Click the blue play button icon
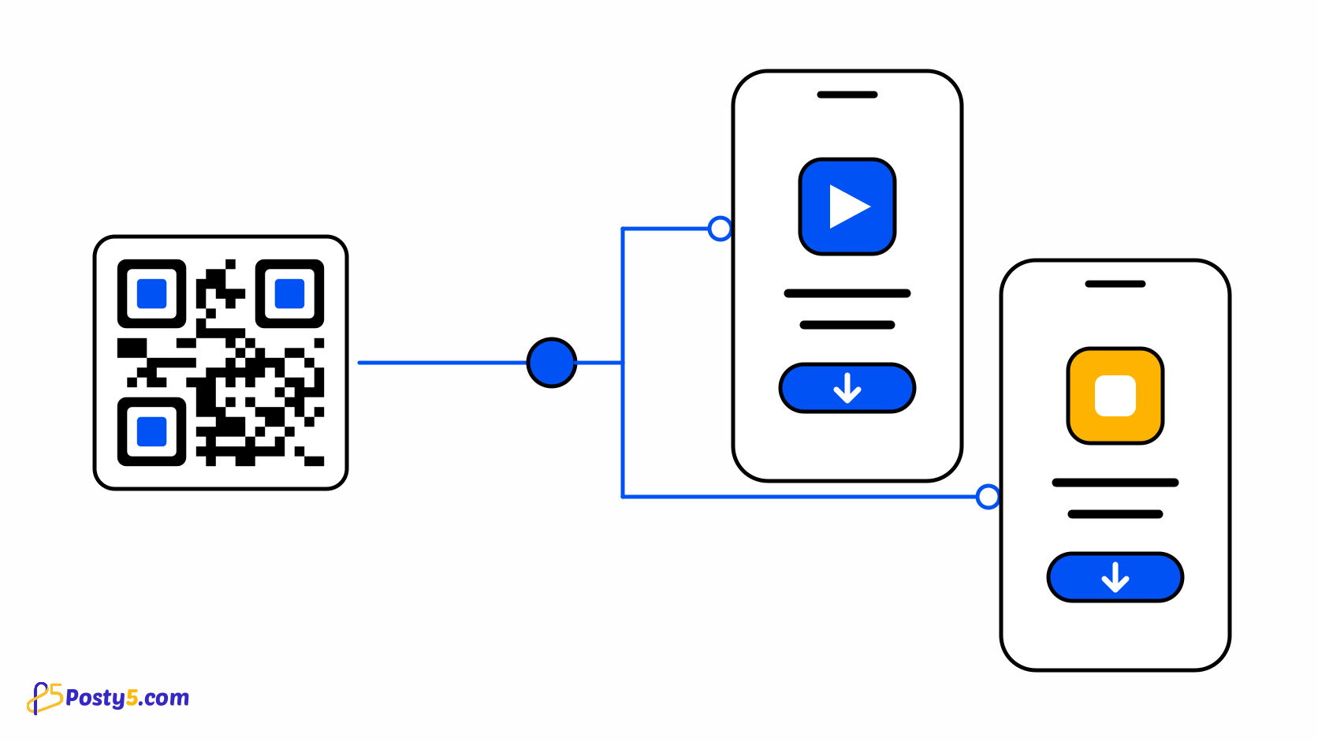click(847, 207)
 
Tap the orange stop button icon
click(1115, 395)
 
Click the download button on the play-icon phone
click(847, 388)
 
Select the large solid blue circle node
click(551, 363)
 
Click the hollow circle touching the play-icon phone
click(720, 229)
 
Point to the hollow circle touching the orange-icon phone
click(988, 497)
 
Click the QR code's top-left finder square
click(152, 293)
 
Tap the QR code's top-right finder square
click(289, 293)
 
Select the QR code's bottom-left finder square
click(152, 431)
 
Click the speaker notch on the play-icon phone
click(847, 95)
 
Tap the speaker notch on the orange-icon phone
click(1115, 284)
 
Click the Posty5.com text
click(127, 698)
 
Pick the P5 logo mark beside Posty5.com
click(45, 699)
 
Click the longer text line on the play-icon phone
click(847, 293)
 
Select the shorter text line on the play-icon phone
click(847, 325)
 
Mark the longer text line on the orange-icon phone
click(1115, 483)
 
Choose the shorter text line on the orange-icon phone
click(1115, 514)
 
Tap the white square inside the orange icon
click(1115, 395)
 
